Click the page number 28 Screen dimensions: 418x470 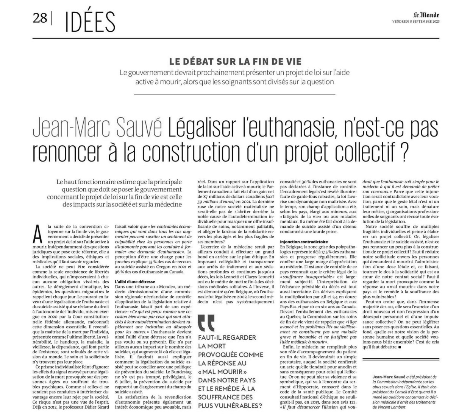click(x=39, y=18)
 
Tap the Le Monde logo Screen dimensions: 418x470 click(x=426, y=15)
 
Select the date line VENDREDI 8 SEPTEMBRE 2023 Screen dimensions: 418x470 click(x=415, y=22)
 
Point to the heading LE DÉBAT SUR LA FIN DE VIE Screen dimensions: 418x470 click(x=235, y=62)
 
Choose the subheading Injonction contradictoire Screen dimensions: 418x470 click(x=304, y=241)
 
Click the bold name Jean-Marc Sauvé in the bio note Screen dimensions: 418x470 click(x=389, y=377)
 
